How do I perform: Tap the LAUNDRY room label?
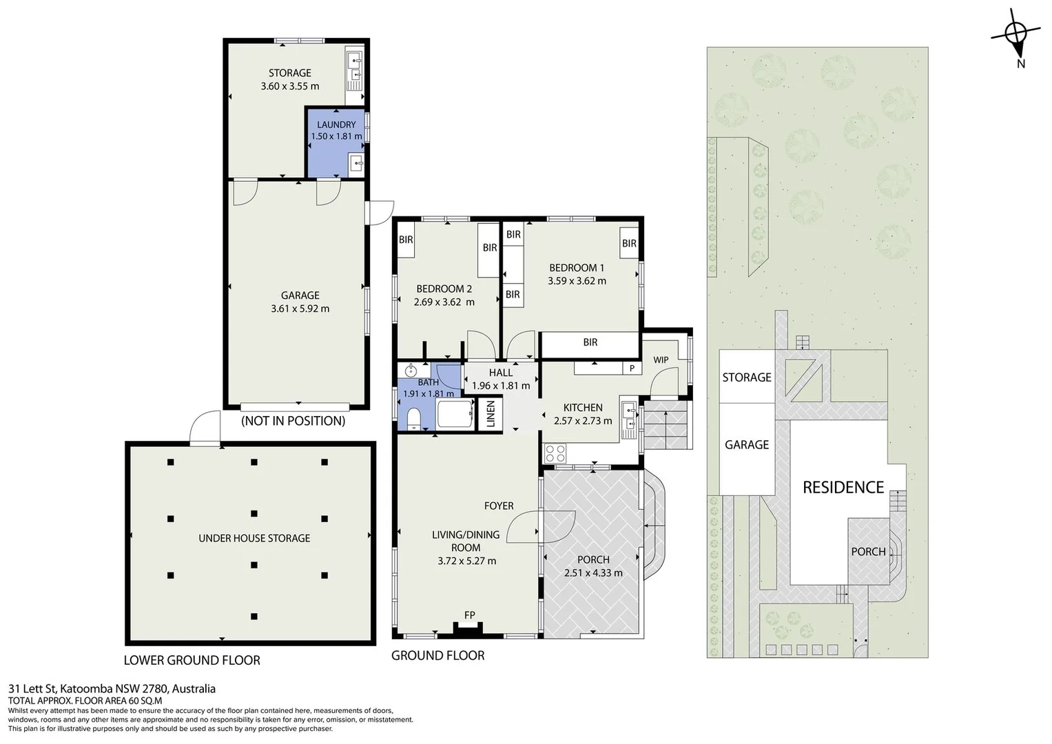(x=336, y=125)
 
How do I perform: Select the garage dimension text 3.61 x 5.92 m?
(x=300, y=309)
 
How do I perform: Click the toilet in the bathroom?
(x=414, y=419)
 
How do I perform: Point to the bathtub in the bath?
(x=455, y=413)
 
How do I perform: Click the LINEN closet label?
(x=491, y=414)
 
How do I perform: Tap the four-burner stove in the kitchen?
(x=555, y=453)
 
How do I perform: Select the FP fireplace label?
(x=470, y=614)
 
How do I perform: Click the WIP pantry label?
(x=661, y=360)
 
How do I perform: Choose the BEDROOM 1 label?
(x=577, y=268)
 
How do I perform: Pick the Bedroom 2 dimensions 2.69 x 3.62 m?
(x=444, y=302)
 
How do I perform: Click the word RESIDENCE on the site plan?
(x=843, y=488)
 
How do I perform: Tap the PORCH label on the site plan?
(x=868, y=551)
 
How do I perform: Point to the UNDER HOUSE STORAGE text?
(x=254, y=538)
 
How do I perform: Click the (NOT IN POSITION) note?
(x=293, y=421)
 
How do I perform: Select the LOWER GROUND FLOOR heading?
(x=192, y=661)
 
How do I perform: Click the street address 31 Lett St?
(x=32, y=689)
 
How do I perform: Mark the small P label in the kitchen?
(x=632, y=369)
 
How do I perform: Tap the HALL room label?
(x=501, y=373)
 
